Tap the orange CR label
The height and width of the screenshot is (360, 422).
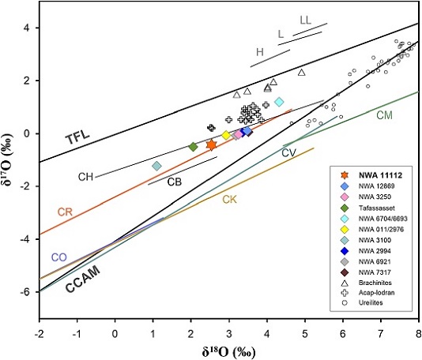click(x=65, y=212)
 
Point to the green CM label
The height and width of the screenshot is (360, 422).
click(x=385, y=116)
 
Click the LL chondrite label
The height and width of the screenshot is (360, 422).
click(x=307, y=19)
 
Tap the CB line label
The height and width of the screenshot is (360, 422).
click(x=175, y=182)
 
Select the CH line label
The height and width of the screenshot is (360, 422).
click(x=86, y=176)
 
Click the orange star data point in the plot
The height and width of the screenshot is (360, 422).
click(x=211, y=145)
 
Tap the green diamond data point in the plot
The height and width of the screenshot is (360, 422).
click(x=193, y=147)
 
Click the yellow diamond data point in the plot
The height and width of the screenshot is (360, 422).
click(x=226, y=135)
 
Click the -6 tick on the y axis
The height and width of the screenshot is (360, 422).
click(x=26, y=292)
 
